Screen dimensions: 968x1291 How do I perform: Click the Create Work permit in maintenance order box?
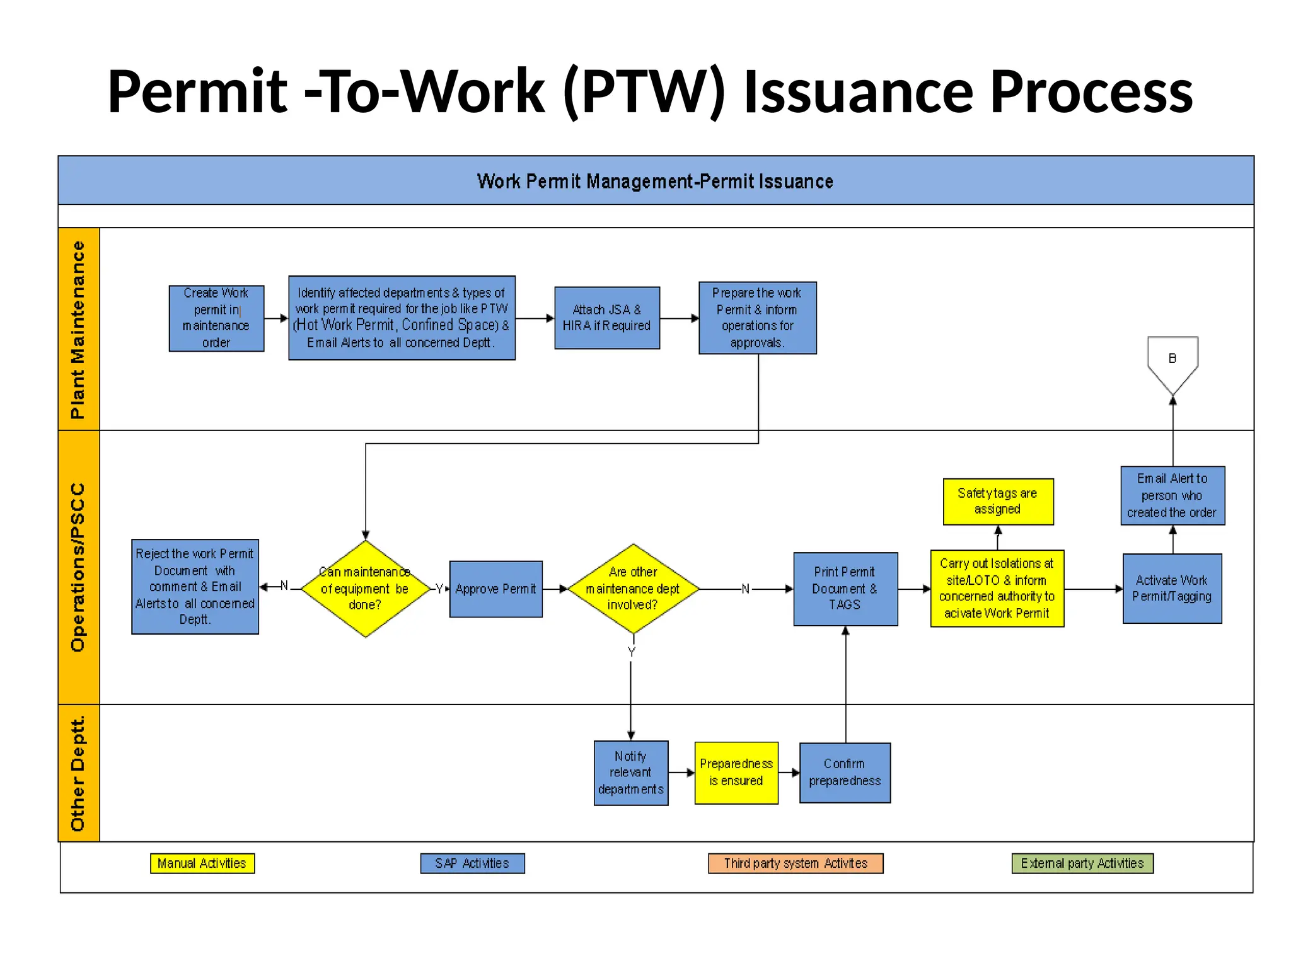(x=216, y=318)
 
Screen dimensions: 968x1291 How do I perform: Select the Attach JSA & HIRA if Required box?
(x=606, y=318)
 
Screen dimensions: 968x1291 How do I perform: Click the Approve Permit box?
(x=495, y=589)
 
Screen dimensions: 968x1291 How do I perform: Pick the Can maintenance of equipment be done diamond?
(x=365, y=589)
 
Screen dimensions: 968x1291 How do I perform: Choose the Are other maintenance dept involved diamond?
(x=633, y=589)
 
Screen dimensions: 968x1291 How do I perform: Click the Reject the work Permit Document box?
(x=195, y=587)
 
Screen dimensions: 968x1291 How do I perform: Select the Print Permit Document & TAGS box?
(x=845, y=589)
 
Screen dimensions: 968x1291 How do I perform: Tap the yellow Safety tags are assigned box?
(x=997, y=502)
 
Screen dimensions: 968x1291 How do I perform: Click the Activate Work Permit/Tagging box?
(x=1172, y=589)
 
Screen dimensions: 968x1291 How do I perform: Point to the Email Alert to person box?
(x=1172, y=495)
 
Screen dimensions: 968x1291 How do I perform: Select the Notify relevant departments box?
(x=630, y=773)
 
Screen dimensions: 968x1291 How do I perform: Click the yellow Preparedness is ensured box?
(x=736, y=773)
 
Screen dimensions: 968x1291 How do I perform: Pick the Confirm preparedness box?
(x=845, y=773)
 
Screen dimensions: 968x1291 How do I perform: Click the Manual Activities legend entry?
(x=202, y=863)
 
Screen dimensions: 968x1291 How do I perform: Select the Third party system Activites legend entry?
(x=796, y=863)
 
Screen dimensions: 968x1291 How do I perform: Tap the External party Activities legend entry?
(x=1082, y=863)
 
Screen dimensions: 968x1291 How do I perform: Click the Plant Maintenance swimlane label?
(x=78, y=329)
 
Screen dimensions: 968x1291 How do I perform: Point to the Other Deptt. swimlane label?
(x=78, y=773)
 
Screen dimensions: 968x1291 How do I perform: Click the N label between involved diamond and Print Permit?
(x=746, y=589)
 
